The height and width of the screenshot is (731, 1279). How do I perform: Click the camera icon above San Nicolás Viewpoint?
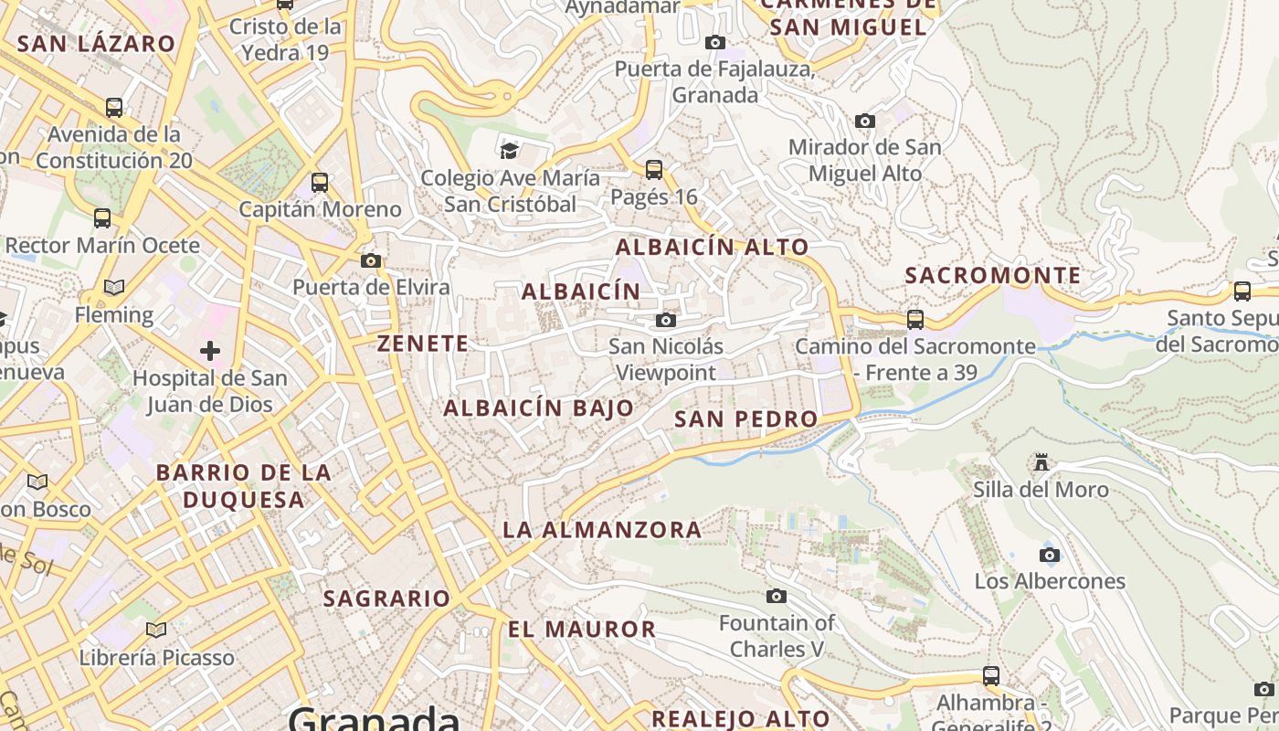[666, 320]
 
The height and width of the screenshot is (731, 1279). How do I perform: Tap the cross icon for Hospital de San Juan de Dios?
[210, 350]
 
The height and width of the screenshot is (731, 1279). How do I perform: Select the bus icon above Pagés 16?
[654, 169]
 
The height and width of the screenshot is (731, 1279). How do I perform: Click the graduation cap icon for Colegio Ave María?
[509, 150]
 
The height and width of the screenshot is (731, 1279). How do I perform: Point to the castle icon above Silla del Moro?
[1041, 462]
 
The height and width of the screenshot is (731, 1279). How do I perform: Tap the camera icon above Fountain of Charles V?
[777, 597]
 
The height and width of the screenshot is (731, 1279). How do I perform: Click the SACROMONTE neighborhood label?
[993, 275]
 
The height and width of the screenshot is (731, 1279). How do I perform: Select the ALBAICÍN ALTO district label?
[713, 247]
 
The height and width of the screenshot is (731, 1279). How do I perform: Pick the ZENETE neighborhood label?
[423, 344]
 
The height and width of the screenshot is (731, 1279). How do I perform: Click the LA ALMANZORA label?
[602, 530]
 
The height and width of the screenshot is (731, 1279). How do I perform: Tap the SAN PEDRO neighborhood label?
[745, 419]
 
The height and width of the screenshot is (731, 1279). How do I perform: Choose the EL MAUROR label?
[582, 630]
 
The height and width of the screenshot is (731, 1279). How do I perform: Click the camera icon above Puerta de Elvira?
[371, 261]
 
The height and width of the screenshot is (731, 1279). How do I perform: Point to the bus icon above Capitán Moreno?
[320, 182]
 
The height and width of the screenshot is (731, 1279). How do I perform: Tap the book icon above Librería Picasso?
[156, 630]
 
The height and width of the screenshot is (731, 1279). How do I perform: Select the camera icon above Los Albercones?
[1050, 555]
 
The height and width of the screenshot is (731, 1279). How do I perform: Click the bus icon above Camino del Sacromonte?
[915, 320]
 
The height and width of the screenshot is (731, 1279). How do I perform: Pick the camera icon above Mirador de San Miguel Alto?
[864, 121]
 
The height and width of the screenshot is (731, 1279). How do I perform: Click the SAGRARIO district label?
[387, 599]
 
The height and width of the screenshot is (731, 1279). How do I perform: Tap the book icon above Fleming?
[114, 288]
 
